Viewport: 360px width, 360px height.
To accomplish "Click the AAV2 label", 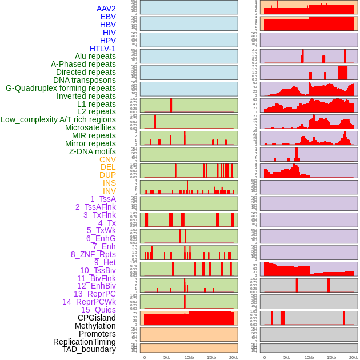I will [x=106, y=9].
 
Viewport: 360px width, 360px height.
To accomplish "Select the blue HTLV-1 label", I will [x=102, y=49].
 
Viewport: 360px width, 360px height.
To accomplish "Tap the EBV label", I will [x=108, y=17].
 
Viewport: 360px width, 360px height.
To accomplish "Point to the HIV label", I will [x=109, y=33].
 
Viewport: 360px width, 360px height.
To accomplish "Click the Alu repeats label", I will [x=95, y=56].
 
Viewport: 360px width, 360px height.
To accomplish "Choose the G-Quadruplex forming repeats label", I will [x=61, y=88].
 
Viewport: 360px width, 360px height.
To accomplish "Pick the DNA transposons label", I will [x=85, y=80].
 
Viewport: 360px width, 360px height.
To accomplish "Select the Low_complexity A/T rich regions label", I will [x=58, y=119].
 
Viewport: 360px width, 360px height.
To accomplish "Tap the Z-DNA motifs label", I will [x=92, y=151].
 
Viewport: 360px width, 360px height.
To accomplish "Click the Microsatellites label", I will [x=90, y=127].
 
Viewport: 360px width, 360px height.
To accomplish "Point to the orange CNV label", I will [x=107, y=159].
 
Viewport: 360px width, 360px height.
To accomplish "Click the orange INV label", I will [x=109, y=191].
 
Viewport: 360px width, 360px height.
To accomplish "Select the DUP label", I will [x=107, y=175].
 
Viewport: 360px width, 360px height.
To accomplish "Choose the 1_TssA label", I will [x=103, y=199].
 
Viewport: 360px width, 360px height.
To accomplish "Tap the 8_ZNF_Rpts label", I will [x=93, y=254].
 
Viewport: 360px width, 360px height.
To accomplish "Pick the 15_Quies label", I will [x=98, y=310].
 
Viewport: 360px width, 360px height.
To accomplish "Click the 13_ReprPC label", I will [x=94, y=294].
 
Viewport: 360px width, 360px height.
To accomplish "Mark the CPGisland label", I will [x=97, y=318].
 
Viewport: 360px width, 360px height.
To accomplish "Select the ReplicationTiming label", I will [x=84, y=342].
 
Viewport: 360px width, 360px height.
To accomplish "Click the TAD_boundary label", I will [x=89, y=349].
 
